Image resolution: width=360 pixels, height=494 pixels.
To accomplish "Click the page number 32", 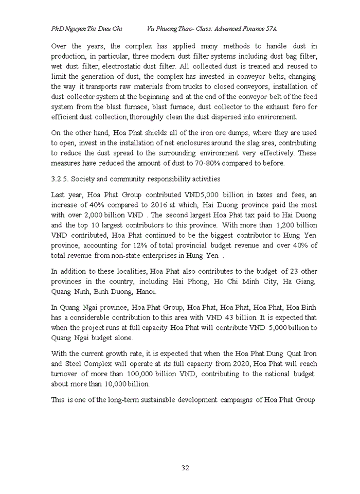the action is (x=186, y=468).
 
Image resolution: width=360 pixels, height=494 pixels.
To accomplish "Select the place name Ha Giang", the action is (x=299, y=281).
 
